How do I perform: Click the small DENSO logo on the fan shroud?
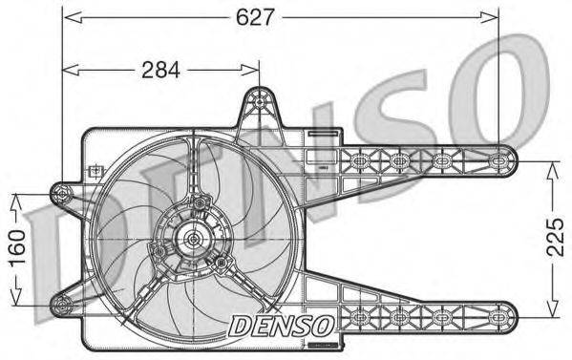click(x=279, y=326)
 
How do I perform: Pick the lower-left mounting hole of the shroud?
click(x=64, y=306)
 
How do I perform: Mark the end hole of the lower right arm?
click(x=503, y=315)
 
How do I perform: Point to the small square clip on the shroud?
click(x=94, y=172)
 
